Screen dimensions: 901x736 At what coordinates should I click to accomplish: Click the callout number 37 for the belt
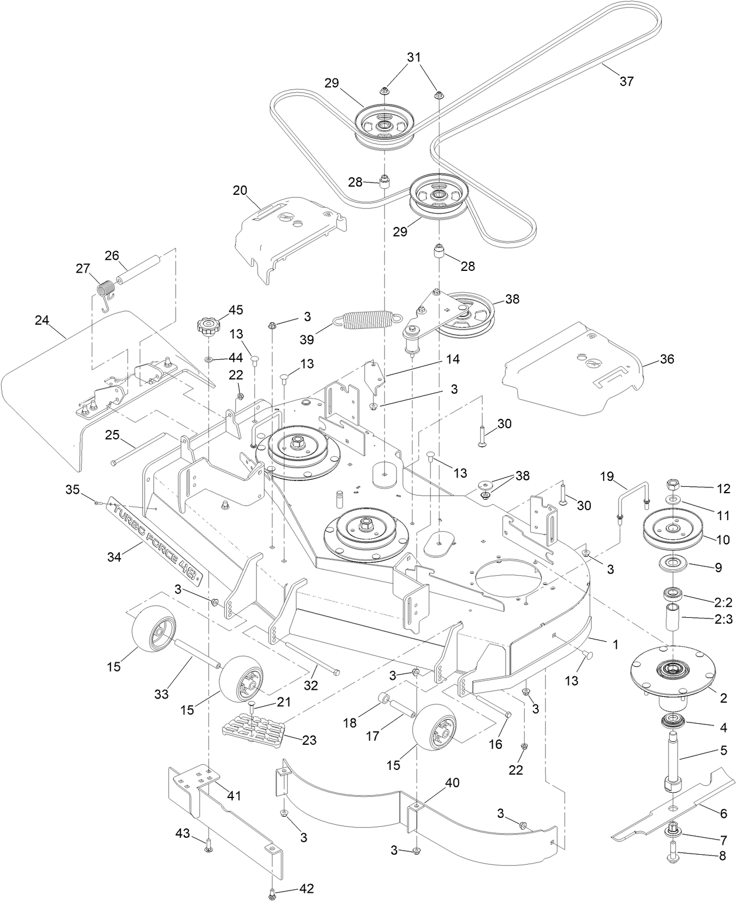click(x=626, y=81)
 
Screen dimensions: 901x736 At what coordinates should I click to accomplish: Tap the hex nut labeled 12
click(x=673, y=485)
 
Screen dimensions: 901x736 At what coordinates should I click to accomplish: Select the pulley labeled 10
click(x=672, y=529)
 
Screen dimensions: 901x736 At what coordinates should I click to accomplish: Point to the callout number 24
click(x=41, y=320)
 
